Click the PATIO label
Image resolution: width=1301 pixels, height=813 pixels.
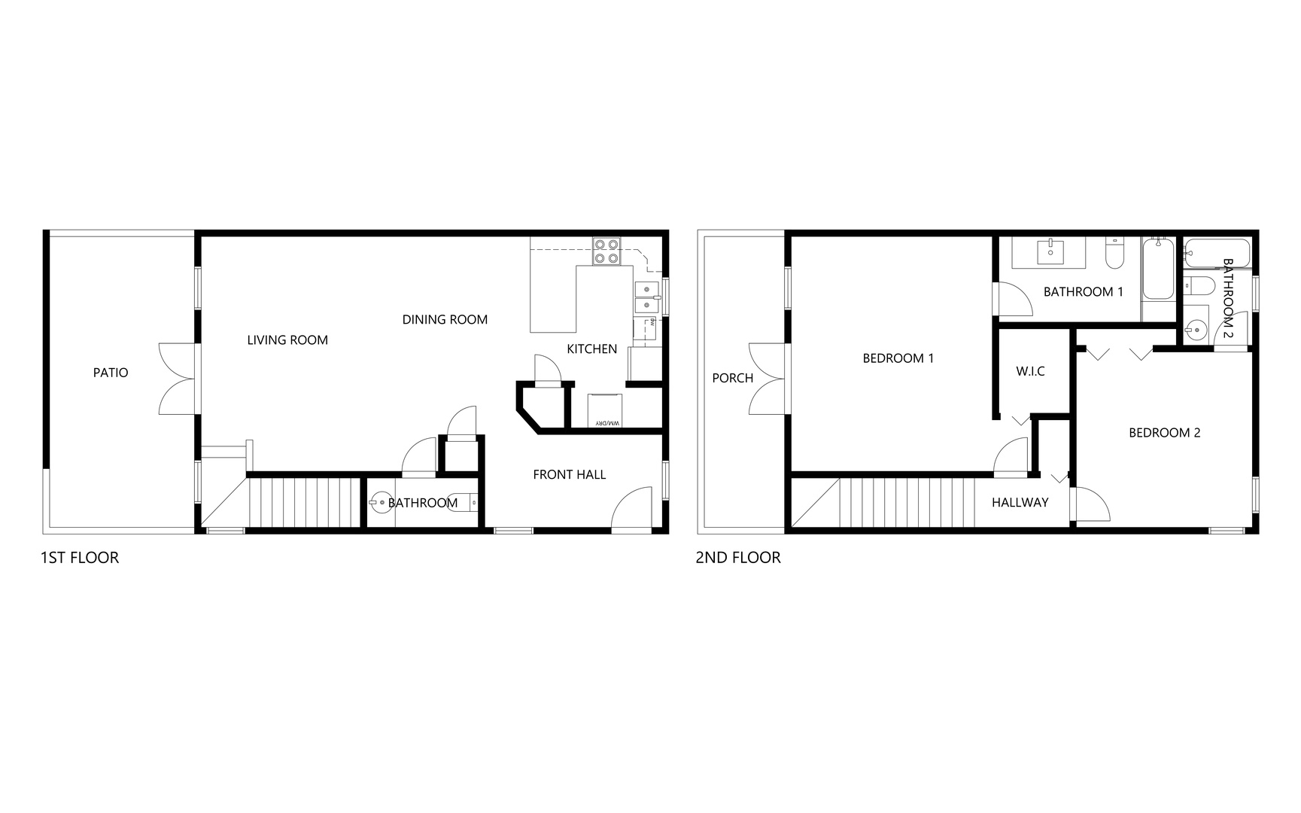(111, 373)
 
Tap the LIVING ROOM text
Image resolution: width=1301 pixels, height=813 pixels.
(287, 340)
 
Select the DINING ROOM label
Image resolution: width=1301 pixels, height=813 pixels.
(445, 320)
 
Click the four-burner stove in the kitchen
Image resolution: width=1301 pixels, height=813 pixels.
(606, 251)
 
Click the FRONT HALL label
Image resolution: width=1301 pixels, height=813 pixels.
(569, 474)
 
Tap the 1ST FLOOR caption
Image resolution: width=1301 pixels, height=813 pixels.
(80, 558)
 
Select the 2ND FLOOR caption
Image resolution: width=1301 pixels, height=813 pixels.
(738, 558)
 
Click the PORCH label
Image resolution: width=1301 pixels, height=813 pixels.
(732, 378)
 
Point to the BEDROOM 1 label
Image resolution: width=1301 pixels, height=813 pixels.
(898, 358)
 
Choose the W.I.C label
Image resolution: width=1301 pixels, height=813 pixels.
(1030, 371)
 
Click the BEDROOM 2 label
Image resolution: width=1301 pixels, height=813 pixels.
(1164, 433)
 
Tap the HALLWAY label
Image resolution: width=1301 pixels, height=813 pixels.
(1020, 503)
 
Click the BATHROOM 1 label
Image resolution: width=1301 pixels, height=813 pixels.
(1083, 292)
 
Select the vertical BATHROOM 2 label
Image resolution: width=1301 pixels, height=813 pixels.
(1228, 298)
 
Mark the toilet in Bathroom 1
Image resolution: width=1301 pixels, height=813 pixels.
(1114, 256)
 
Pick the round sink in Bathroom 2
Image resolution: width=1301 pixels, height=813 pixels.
(1194, 329)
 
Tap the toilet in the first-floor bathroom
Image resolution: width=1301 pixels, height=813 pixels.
(467, 501)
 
